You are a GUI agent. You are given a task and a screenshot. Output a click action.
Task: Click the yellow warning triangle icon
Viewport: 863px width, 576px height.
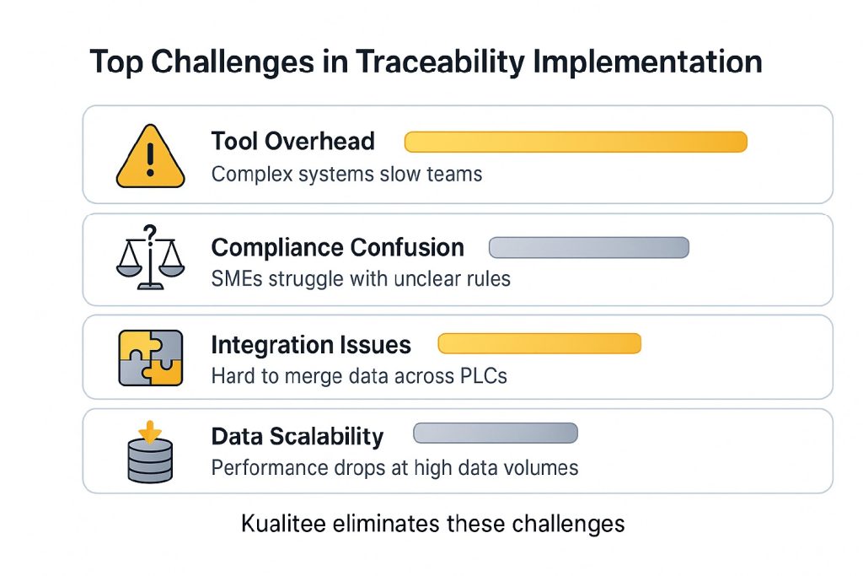(x=150, y=157)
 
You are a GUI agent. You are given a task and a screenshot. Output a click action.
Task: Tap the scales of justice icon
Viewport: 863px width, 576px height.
(x=150, y=257)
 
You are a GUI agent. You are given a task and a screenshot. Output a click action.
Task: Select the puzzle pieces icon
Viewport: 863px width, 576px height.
(x=150, y=358)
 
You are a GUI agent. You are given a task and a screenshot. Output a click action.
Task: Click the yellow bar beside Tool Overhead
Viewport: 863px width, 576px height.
(x=576, y=142)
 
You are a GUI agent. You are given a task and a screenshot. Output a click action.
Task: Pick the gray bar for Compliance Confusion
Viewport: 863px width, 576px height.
(x=589, y=248)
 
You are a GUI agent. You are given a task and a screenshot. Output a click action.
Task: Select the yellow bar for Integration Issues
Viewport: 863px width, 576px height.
(x=539, y=343)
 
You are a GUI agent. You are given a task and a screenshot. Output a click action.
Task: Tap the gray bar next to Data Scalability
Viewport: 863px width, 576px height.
(x=496, y=433)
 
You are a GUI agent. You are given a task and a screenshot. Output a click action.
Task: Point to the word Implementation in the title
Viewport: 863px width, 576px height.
(x=648, y=62)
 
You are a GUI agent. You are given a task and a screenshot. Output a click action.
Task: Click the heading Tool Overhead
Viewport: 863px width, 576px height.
(x=292, y=142)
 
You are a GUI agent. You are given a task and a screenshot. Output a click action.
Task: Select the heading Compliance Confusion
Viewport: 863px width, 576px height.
(x=337, y=248)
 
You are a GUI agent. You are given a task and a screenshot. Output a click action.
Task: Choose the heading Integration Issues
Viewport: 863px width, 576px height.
(x=311, y=345)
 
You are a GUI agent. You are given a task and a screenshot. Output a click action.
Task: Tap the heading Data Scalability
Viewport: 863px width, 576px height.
(x=297, y=437)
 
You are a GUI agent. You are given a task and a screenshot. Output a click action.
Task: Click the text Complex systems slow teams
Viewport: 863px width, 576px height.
(x=346, y=175)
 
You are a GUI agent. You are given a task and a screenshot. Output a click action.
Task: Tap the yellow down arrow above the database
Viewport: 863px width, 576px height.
(x=150, y=432)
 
